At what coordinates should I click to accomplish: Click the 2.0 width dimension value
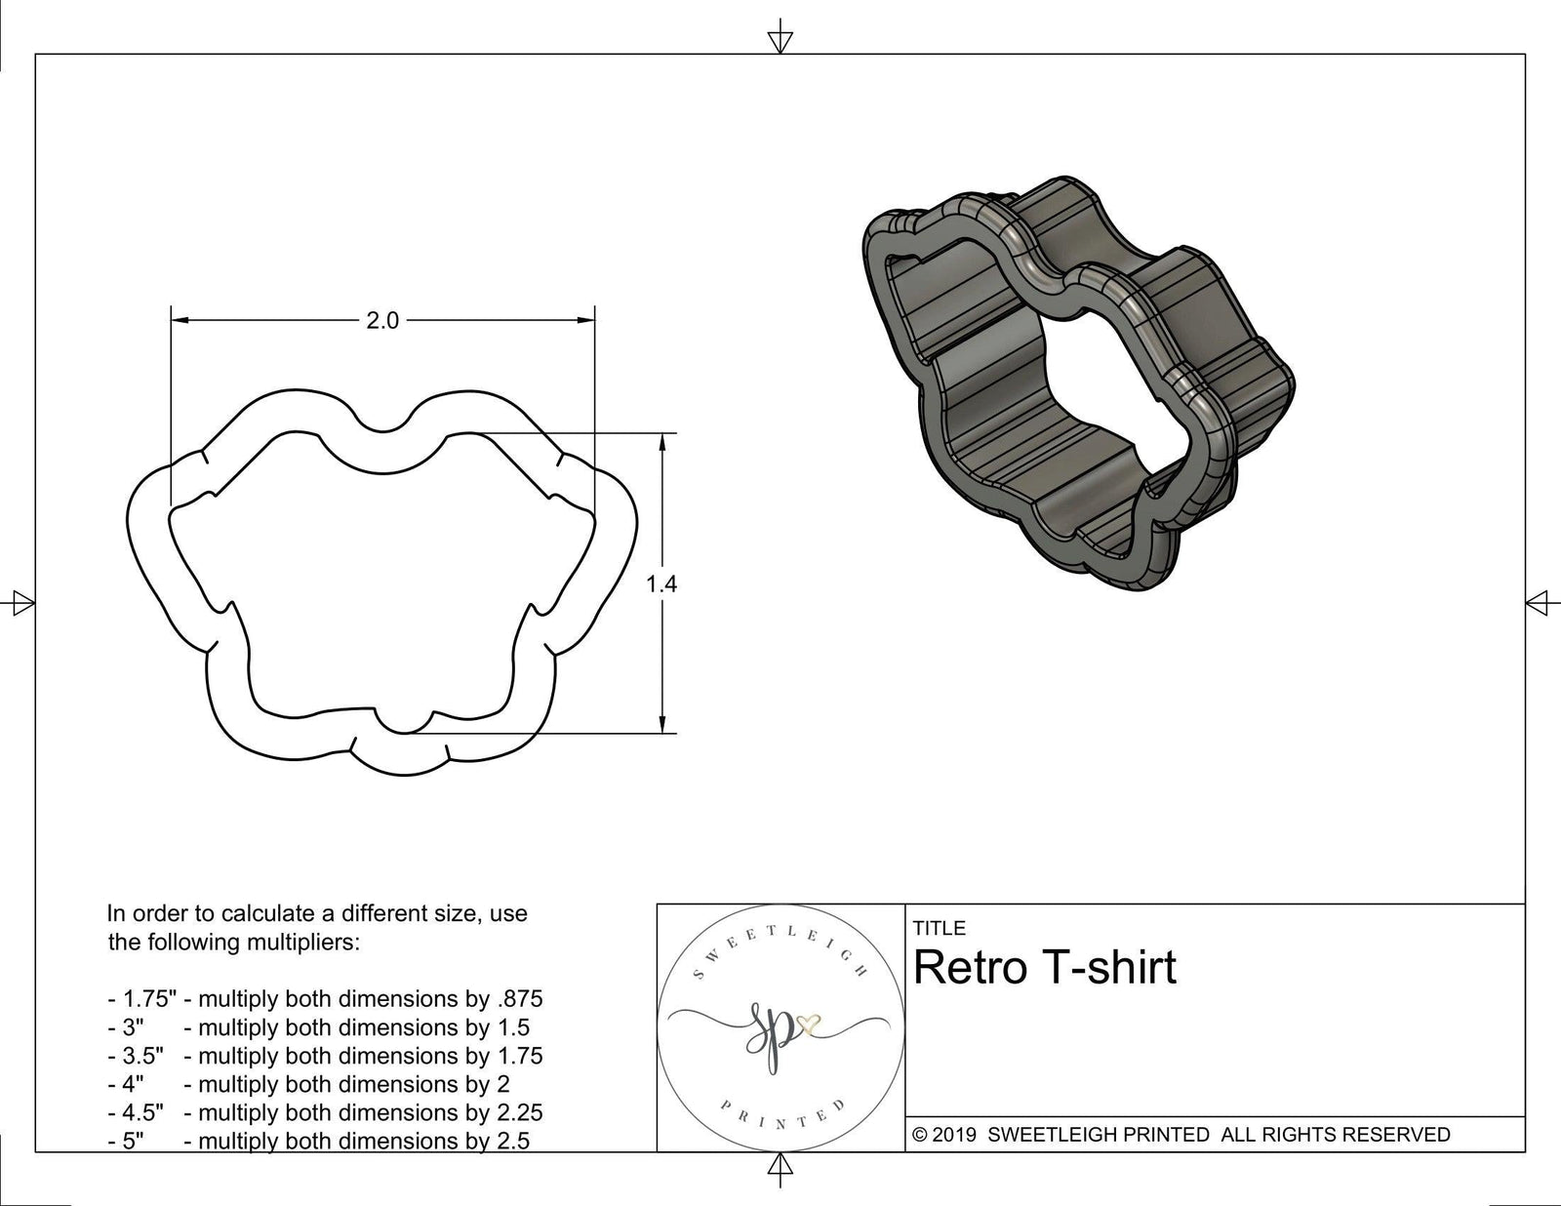coord(382,321)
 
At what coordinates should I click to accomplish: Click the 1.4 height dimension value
coord(661,584)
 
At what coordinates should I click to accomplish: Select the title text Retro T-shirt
coord(1045,967)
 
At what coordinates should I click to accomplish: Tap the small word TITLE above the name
coord(940,928)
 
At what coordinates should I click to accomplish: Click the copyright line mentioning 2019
coord(1181,1134)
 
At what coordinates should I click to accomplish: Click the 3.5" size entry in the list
coord(143,1056)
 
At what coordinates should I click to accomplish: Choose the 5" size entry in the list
coord(133,1141)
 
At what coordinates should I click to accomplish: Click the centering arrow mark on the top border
coord(780,40)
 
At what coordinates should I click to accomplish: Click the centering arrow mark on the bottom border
coord(780,1166)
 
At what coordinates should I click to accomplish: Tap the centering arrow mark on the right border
coord(1539,603)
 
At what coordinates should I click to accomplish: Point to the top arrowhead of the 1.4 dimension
coord(663,442)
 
